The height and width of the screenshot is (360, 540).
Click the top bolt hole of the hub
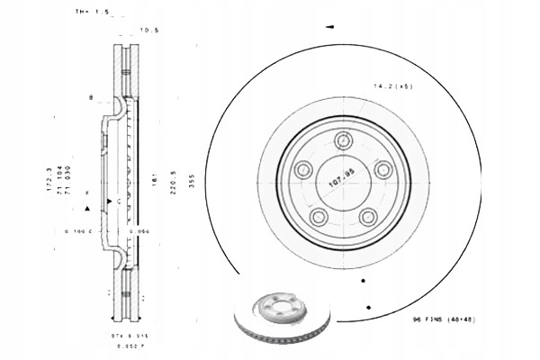342,140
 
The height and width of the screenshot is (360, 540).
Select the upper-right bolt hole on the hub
382,169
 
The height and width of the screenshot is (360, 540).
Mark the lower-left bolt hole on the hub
317,216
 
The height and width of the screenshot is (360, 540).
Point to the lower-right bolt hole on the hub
367,216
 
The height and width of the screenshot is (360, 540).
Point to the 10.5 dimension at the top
150,31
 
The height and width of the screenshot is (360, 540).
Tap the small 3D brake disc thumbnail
282,315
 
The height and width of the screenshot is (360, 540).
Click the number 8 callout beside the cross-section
91,94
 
